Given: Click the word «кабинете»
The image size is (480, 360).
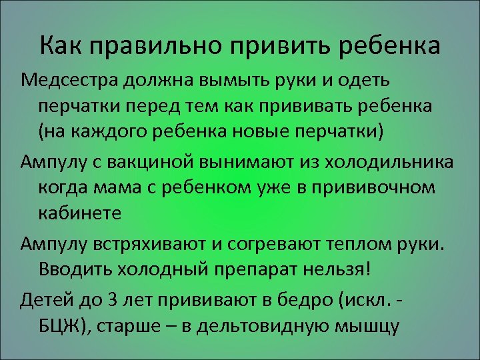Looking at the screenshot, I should point(79,213).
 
